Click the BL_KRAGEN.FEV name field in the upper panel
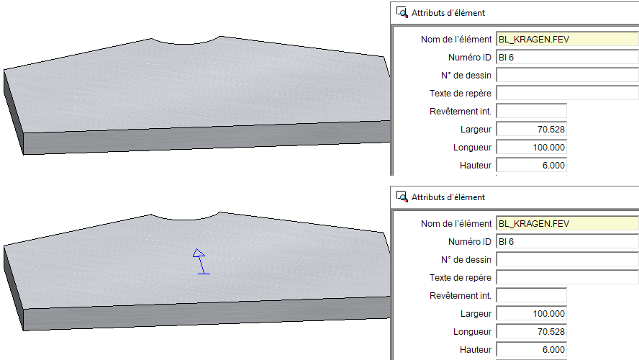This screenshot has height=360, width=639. point(567,39)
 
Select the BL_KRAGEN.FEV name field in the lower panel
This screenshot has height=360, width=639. point(567,223)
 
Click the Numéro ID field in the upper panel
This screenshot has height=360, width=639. point(567,57)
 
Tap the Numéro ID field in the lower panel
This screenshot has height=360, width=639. point(567,241)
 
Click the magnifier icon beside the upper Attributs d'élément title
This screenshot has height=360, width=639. point(402,13)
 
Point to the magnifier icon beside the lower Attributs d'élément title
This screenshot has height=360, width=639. point(402,197)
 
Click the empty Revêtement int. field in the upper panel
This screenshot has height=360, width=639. point(531,112)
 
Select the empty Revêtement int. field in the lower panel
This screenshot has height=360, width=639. point(531,296)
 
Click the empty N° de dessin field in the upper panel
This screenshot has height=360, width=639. point(567,75)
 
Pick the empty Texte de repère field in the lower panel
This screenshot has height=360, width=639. point(567,277)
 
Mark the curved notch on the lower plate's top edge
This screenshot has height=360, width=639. point(186,220)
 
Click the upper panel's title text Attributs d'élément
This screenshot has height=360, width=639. point(448,13)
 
